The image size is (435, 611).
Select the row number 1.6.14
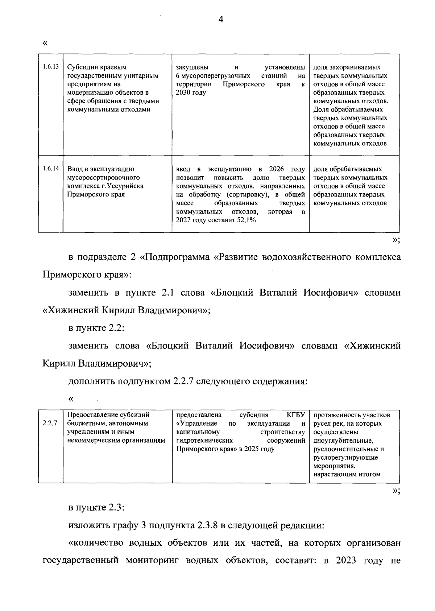[50, 169]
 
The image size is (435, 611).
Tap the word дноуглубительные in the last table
[343, 441]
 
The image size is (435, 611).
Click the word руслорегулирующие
[345, 457]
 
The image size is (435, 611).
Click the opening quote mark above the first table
[45, 44]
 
